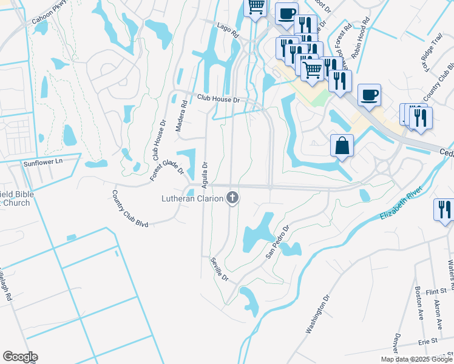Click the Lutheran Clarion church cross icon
[x=232, y=198]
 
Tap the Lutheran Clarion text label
[x=192, y=198]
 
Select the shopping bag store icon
[x=342, y=146]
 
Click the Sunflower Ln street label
[x=43, y=163]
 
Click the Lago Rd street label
[x=229, y=31]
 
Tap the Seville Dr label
[x=219, y=269]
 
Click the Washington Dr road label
[x=317, y=314]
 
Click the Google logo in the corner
[x=20, y=357]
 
